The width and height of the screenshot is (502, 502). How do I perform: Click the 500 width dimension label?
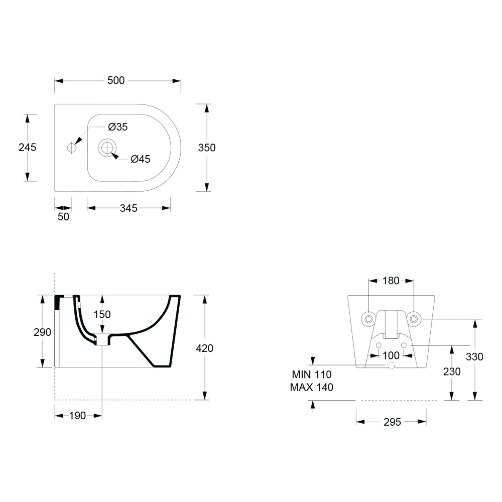tap(116, 80)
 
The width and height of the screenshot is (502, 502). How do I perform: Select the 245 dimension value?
tap(28, 147)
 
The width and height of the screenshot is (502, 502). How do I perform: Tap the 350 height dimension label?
tap(207, 148)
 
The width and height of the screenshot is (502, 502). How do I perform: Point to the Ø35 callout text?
tap(118, 127)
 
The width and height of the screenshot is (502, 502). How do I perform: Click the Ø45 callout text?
tap(141, 159)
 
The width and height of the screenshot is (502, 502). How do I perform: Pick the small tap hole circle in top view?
tap(71, 148)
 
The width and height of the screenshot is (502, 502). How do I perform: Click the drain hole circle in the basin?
tap(107, 148)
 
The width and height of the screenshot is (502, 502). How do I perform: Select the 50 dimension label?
tap(63, 217)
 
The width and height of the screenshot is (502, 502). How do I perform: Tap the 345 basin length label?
tap(129, 208)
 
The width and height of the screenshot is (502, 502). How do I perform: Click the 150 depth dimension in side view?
tap(102, 314)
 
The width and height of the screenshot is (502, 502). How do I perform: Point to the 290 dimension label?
tap(42, 332)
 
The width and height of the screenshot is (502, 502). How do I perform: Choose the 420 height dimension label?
tap(205, 348)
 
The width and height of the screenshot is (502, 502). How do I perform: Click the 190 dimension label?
tap(77, 416)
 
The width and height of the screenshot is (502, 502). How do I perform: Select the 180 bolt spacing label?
tap(391, 281)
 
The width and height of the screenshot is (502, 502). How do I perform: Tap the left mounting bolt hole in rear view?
tap(368, 319)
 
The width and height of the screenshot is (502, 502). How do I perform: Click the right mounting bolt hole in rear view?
tap(414, 319)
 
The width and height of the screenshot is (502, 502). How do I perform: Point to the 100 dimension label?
tap(391, 355)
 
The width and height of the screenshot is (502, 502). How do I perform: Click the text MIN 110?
tap(312, 374)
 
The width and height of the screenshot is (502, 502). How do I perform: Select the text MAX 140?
tap(312, 387)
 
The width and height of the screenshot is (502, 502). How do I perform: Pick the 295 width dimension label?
tap(392, 422)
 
